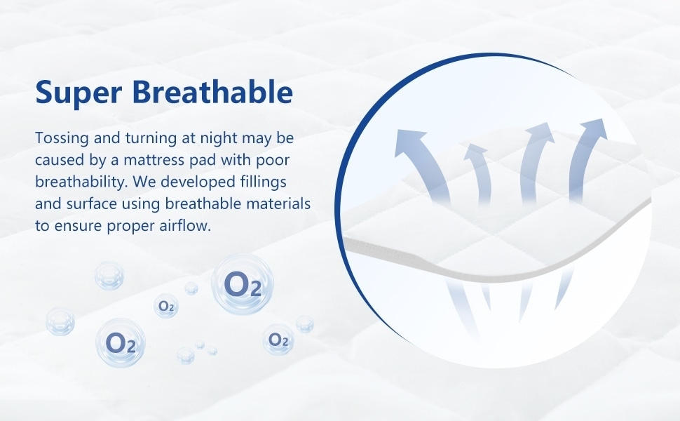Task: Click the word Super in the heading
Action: click(79, 93)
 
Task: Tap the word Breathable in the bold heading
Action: click(212, 91)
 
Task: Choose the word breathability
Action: click(81, 182)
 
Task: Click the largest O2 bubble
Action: click(243, 284)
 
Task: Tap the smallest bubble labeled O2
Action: click(166, 306)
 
